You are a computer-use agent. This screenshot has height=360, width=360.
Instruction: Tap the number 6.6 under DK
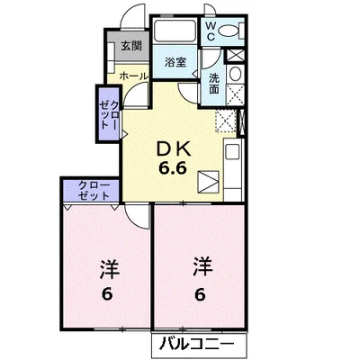pos(175,168)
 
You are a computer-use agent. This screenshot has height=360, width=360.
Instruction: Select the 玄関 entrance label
pos(131,46)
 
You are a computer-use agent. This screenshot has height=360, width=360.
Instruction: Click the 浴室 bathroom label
pos(176,62)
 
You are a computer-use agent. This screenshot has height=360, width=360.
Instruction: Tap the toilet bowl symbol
pos(229,31)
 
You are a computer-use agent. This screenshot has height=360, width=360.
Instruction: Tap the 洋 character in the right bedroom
pos(200,265)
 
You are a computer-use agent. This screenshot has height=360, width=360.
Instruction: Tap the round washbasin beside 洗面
pos(235,74)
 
